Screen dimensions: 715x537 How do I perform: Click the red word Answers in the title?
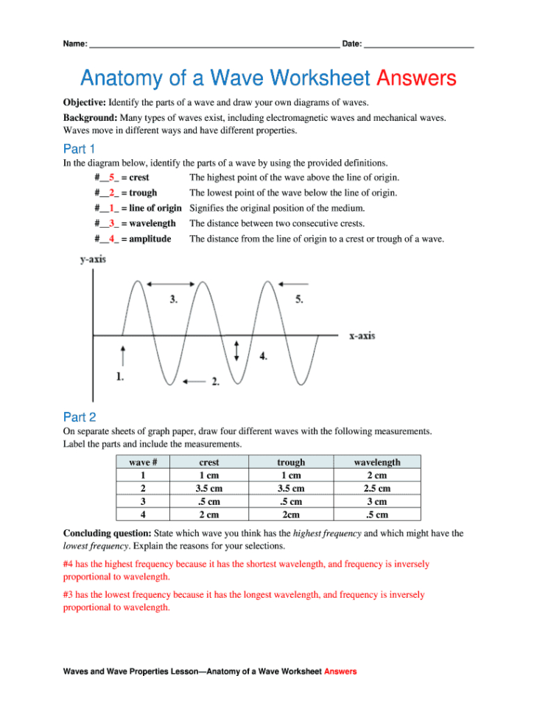tap(415, 78)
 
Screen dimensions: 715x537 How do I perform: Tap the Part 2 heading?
tap(80, 417)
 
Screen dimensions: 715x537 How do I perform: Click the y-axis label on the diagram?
tap(92, 259)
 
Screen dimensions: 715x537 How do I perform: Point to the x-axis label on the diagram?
tap(362, 335)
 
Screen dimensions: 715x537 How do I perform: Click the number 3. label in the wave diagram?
tap(174, 299)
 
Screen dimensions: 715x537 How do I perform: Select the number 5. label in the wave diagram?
tap(299, 299)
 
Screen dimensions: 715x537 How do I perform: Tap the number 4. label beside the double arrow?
tap(263, 356)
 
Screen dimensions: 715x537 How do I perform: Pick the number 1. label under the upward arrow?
tap(119, 376)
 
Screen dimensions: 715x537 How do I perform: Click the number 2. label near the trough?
tap(215, 381)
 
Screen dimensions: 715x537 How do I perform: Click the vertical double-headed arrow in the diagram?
tap(236, 350)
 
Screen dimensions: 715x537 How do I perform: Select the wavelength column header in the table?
tap(377, 462)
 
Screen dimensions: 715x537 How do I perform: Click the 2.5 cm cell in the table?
tap(377, 488)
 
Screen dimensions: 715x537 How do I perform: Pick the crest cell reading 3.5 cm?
tap(209, 488)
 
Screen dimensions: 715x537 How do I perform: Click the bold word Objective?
tap(84, 102)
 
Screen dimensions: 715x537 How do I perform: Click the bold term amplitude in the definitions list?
tap(150, 239)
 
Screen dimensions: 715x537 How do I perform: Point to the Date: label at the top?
tap(351, 44)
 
